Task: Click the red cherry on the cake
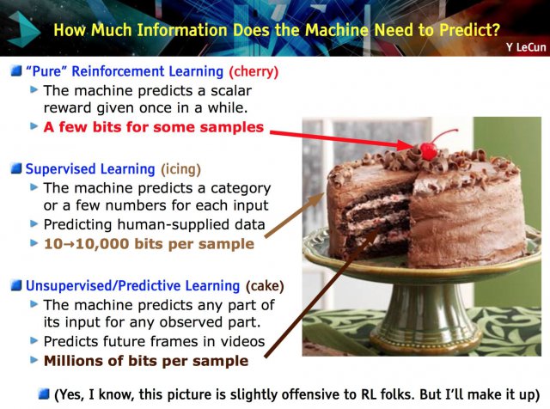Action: click(428, 151)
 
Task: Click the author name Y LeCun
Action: click(526, 47)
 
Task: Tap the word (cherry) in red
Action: click(254, 71)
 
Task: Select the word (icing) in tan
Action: click(180, 169)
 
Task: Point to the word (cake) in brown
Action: click(265, 286)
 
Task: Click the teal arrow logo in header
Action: click(22, 29)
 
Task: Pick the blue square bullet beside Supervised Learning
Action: click(16, 168)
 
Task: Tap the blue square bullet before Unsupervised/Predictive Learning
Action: click(16, 285)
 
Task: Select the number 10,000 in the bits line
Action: click(102, 244)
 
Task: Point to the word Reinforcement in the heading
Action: click(148, 71)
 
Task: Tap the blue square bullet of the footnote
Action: click(44, 394)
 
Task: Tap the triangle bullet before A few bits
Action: click(34, 125)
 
